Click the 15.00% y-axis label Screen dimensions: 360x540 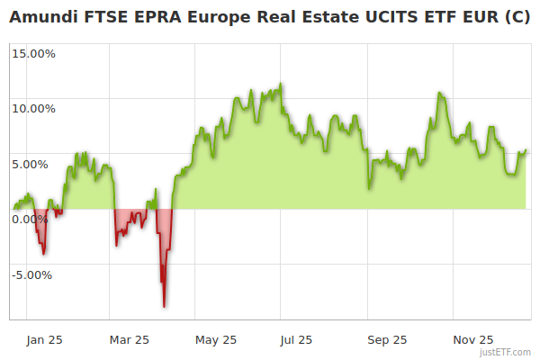coord(33,54)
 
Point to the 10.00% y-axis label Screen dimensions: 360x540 coord(33,109)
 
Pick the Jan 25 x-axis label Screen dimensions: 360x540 coord(44,339)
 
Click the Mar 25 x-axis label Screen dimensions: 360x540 coord(130,339)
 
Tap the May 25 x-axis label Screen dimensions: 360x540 coord(216,339)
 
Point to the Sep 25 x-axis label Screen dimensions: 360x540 coord(388,339)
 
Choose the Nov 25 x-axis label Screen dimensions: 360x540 coord(473,339)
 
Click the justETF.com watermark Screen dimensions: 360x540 coord(507,352)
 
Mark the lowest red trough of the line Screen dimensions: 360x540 coord(164,307)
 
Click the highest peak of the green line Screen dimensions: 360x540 coord(281,84)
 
